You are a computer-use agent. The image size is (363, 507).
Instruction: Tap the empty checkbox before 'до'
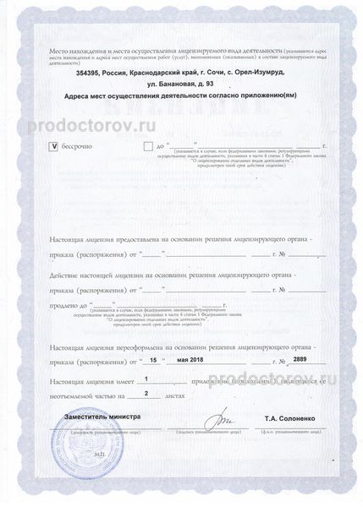pos(149,145)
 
